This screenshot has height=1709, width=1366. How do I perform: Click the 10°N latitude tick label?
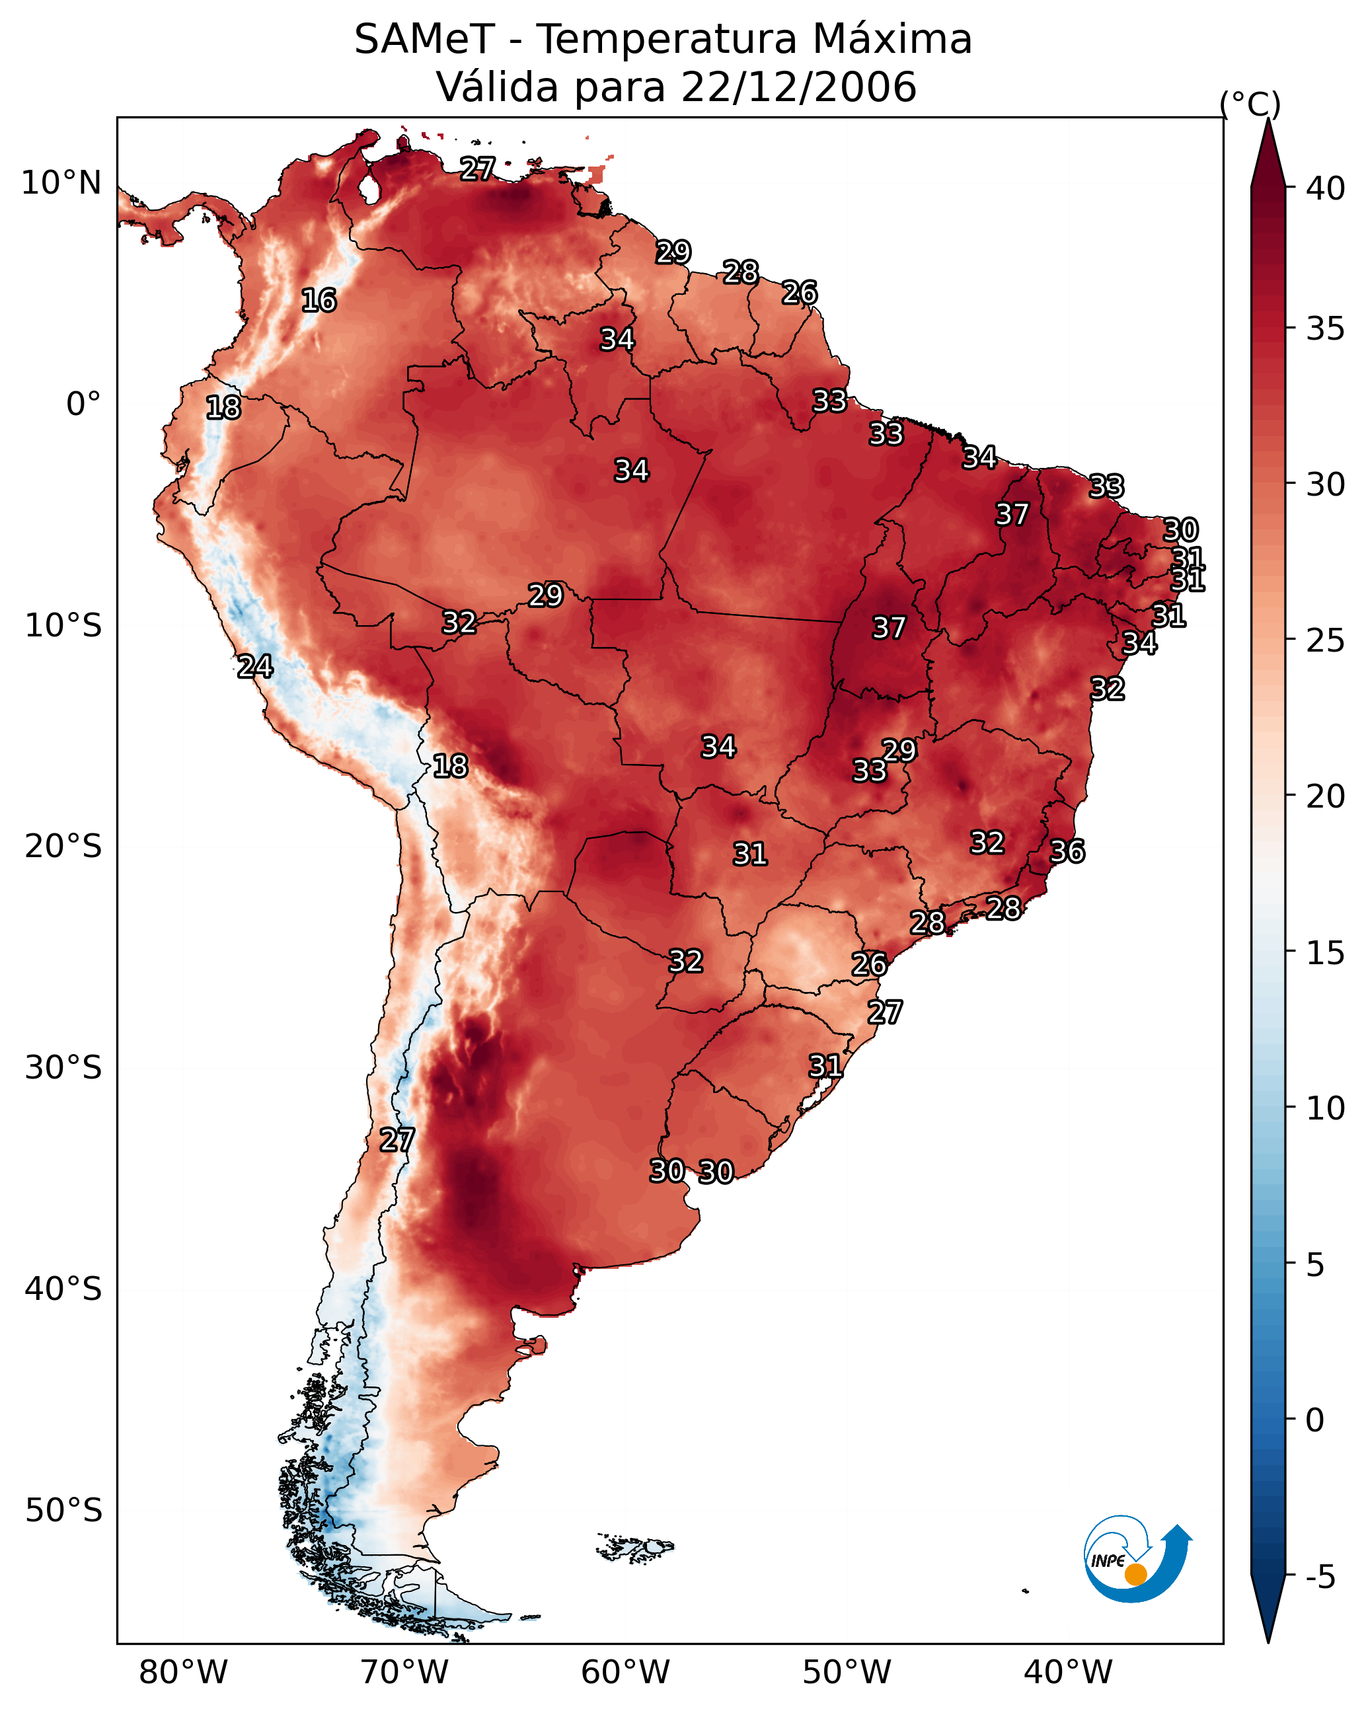[x=61, y=183]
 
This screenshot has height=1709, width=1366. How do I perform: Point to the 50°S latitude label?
[x=63, y=1511]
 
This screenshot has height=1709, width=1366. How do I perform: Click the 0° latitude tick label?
[x=83, y=404]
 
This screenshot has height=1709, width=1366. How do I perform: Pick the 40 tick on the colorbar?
[x=1326, y=188]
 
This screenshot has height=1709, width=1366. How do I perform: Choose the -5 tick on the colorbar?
[x=1320, y=1577]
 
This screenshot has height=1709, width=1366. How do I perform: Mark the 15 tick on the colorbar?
[x=1326, y=953]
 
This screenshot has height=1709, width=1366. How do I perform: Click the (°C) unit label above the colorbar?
[x=1250, y=104]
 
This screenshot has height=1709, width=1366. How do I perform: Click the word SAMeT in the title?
[x=424, y=40]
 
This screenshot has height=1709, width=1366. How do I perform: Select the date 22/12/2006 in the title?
[x=798, y=87]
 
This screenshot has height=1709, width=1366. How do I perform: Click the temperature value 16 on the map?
[x=319, y=301]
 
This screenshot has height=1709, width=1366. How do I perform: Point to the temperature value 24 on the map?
[x=255, y=667]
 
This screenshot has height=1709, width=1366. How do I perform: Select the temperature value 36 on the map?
[x=1067, y=851]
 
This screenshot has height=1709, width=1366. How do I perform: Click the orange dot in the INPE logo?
[x=1135, y=1574]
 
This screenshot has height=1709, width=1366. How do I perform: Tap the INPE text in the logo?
[x=1108, y=1561]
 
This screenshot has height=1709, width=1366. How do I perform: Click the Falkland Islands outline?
[x=635, y=1546]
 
